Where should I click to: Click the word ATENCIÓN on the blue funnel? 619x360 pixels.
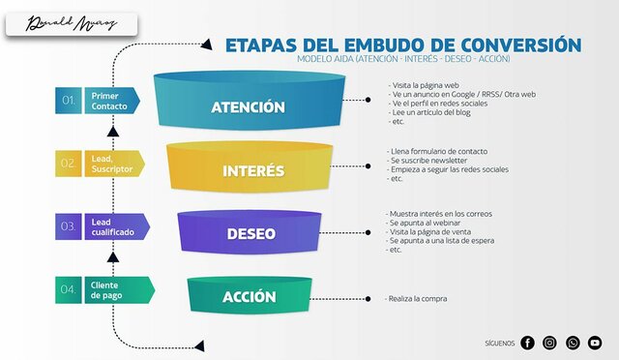pyautogui.click(x=249, y=107)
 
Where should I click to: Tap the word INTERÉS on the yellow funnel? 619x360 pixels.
pyautogui.click(x=253, y=171)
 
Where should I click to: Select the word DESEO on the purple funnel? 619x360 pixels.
pyautogui.click(x=251, y=234)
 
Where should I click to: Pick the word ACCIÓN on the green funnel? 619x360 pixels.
pyautogui.click(x=250, y=297)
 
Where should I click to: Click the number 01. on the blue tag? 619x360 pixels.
pyautogui.click(x=69, y=101)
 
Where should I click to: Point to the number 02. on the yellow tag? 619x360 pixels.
pyautogui.click(x=69, y=164)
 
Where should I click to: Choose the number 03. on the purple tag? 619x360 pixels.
pyautogui.click(x=69, y=226)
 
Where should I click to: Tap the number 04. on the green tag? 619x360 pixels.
pyautogui.click(x=69, y=289)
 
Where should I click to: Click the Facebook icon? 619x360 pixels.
pyautogui.click(x=527, y=343)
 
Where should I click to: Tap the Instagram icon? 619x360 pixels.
pyautogui.click(x=549, y=343)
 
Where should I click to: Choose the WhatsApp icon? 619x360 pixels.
pyautogui.click(x=573, y=343)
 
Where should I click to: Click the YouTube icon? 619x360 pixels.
pyautogui.click(x=595, y=343)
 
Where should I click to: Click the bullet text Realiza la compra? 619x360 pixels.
pyautogui.click(x=417, y=300)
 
